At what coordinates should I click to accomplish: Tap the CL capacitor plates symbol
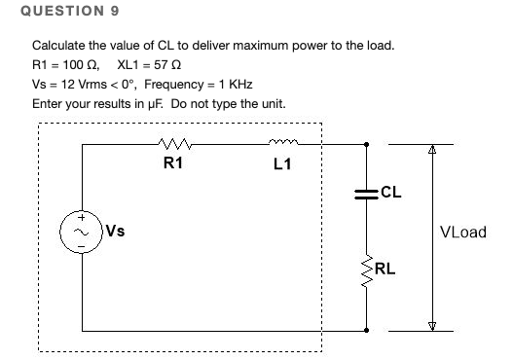(x=367, y=193)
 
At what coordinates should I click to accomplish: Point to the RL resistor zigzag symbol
(x=367, y=266)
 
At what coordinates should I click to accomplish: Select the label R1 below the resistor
(x=172, y=163)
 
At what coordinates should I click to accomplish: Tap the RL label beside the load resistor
(x=385, y=269)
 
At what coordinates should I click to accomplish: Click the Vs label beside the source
(x=115, y=232)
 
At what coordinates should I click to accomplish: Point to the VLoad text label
(x=462, y=233)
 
